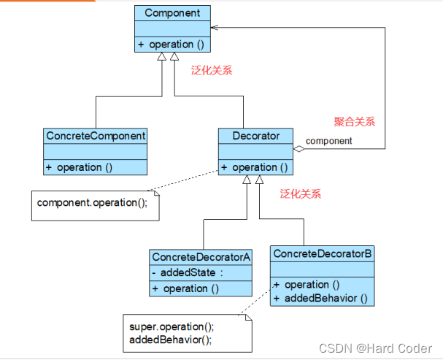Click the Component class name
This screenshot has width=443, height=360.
click(x=172, y=12)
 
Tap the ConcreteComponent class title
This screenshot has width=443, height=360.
click(x=96, y=136)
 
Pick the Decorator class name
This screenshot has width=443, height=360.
click(x=255, y=136)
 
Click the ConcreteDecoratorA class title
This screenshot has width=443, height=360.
click(x=201, y=257)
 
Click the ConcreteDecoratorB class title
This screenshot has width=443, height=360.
click(x=322, y=253)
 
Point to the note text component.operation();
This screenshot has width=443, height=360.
click(x=92, y=202)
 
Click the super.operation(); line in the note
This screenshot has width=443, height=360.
click(x=171, y=327)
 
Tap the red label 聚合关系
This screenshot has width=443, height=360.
click(x=355, y=122)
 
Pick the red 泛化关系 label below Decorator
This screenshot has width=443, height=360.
click(x=301, y=194)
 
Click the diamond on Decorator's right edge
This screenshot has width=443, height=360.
click(x=298, y=148)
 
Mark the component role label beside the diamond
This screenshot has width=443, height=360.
click(x=328, y=140)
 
